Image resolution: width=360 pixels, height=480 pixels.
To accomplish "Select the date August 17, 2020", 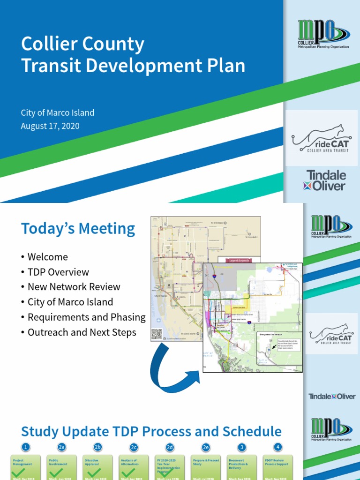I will [x=50, y=126].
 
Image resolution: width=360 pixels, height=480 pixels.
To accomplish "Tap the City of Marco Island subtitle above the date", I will [x=57, y=113].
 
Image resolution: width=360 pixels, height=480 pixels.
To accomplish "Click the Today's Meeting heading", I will [x=78, y=229].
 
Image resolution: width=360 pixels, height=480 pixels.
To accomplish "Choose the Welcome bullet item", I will [x=47, y=257].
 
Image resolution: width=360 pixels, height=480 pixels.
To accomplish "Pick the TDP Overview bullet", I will [x=58, y=272].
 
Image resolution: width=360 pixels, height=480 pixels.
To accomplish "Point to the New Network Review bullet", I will [x=74, y=287].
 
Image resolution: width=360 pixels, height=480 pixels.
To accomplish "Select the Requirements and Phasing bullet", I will [x=86, y=317].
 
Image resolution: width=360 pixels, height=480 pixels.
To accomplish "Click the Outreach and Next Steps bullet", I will [x=82, y=332].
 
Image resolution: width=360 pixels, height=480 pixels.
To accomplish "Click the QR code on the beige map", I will [x=157, y=334].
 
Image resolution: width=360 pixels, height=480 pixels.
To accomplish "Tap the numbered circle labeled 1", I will [x=26, y=447].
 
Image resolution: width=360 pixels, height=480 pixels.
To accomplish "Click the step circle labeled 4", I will [x=278, y=447].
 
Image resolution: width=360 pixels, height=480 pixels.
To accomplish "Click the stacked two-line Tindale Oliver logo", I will [x=326, y=180].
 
